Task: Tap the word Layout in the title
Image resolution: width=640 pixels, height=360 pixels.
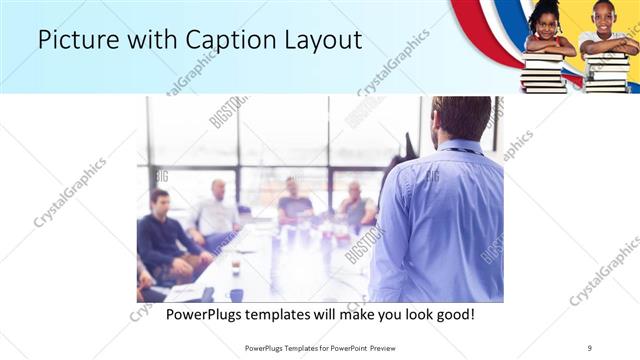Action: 322,40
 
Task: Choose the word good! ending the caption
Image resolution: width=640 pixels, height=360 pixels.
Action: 453,314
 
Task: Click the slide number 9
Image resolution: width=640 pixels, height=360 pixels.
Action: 589,347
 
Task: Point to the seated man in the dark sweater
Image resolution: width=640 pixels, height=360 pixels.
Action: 160,236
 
